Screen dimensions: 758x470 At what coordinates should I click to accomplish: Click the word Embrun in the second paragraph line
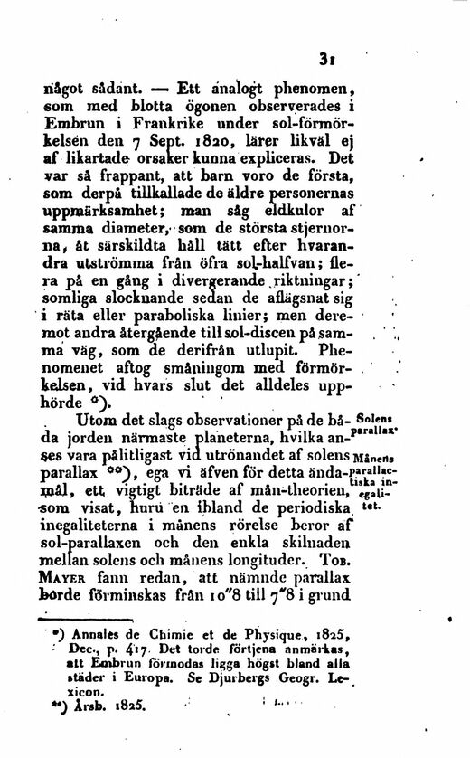[85, 128]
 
